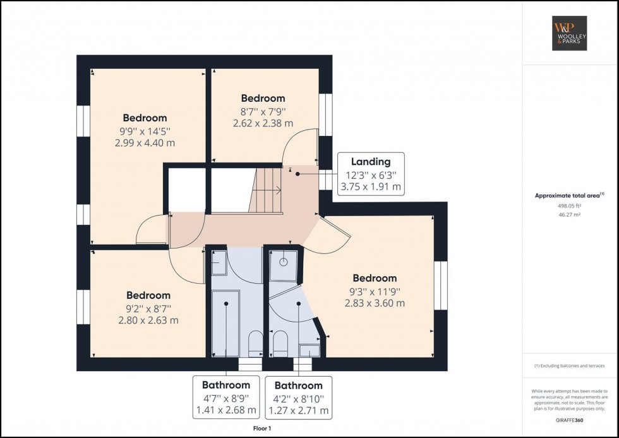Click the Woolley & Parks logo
click(x=570, y=33)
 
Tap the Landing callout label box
click(x=370, y=174)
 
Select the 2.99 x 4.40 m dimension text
click(x=145, y=143)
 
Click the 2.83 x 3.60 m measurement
click(x=375, y=303)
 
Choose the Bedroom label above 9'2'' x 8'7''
click(x=148, y=295)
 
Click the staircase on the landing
click(x=266, y=190)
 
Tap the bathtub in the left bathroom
click(x=225, y=322)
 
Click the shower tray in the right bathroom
click(x=282, y=265)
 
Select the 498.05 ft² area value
click(x=570, y=205)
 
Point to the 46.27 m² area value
click(x=570, y=215)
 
